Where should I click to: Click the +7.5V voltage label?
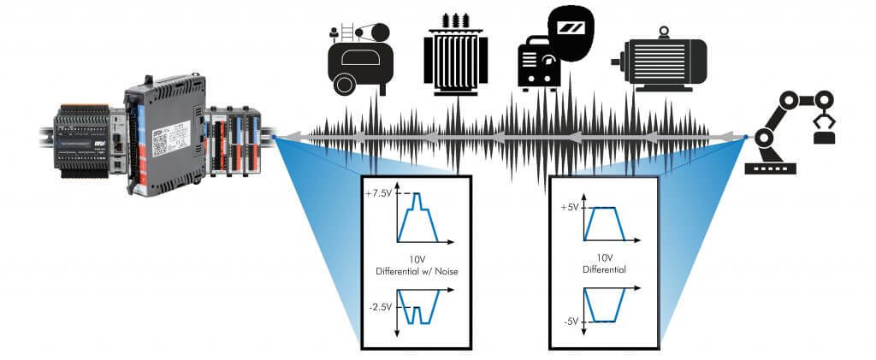(377, 194)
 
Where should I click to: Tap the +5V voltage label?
(570, 208)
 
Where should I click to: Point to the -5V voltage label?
(570, 322)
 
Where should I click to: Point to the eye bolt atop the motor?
(662, 32)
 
